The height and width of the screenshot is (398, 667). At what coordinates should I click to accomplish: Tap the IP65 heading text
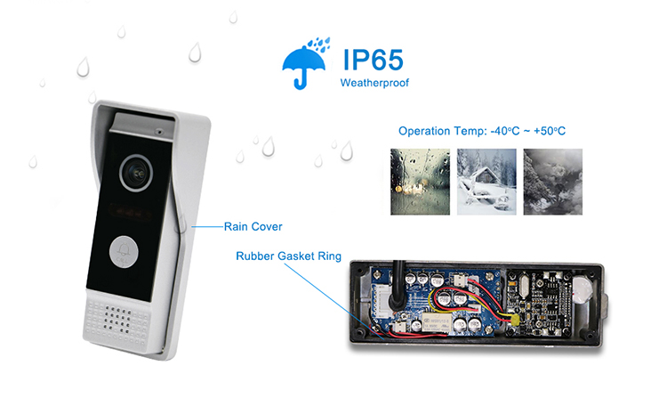pos(373,60)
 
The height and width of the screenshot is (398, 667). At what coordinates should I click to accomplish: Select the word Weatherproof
pos(374,85)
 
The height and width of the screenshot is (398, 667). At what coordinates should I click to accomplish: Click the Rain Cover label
pos(253,226)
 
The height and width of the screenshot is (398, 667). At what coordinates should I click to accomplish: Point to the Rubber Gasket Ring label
pos(288,256)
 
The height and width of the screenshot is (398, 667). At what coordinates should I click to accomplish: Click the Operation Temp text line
pos(482,131)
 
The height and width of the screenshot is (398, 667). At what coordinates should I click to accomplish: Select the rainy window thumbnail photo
pos(420,182)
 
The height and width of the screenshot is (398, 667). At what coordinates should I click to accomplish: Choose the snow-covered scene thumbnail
pos(486,182)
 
